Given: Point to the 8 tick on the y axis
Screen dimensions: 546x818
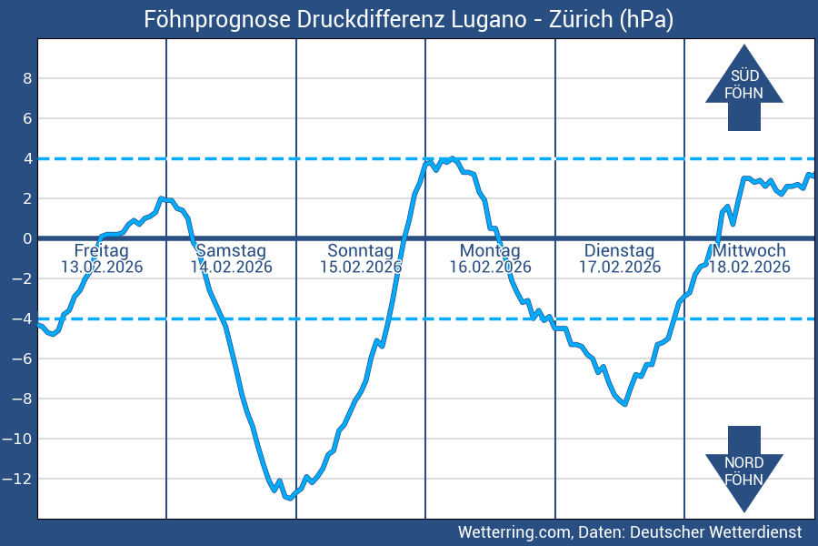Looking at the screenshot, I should [27, 78].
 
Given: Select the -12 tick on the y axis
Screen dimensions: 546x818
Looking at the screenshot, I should [22, 479].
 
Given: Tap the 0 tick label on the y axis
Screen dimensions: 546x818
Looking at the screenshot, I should [27, 238].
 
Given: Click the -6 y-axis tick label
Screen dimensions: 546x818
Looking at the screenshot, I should [22, 359].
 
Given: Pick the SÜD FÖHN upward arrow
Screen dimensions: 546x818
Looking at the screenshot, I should [744, 86].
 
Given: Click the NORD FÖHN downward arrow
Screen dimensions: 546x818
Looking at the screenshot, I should [744, 470].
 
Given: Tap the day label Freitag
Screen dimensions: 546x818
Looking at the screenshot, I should [102, 250].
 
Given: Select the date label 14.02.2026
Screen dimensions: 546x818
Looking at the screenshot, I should [231, 267].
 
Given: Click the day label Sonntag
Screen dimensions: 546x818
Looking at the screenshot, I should [361, 250].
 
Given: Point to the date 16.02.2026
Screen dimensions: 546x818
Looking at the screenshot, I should [490, 267].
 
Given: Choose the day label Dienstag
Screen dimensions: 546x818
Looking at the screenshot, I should [619, 250].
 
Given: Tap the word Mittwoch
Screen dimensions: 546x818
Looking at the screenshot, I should [750, 250].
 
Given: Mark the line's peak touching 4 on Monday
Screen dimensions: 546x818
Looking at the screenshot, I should [452, 159].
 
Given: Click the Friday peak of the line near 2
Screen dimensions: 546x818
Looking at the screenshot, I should [161, 198].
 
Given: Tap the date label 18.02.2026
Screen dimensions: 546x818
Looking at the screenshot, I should [750, 267].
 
